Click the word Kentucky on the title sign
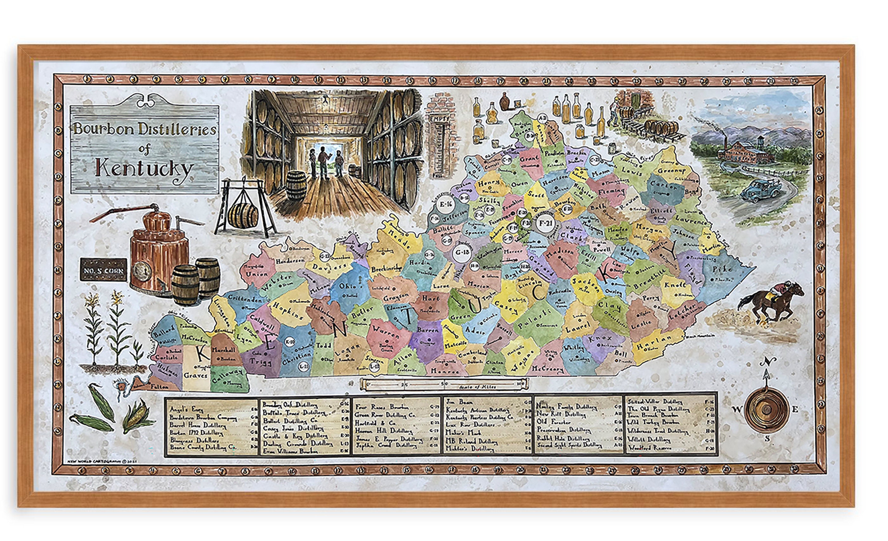144,169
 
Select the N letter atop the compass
768,361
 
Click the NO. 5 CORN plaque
103,270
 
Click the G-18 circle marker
462,252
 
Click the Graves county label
196,375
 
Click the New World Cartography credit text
102,461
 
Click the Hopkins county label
287,311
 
